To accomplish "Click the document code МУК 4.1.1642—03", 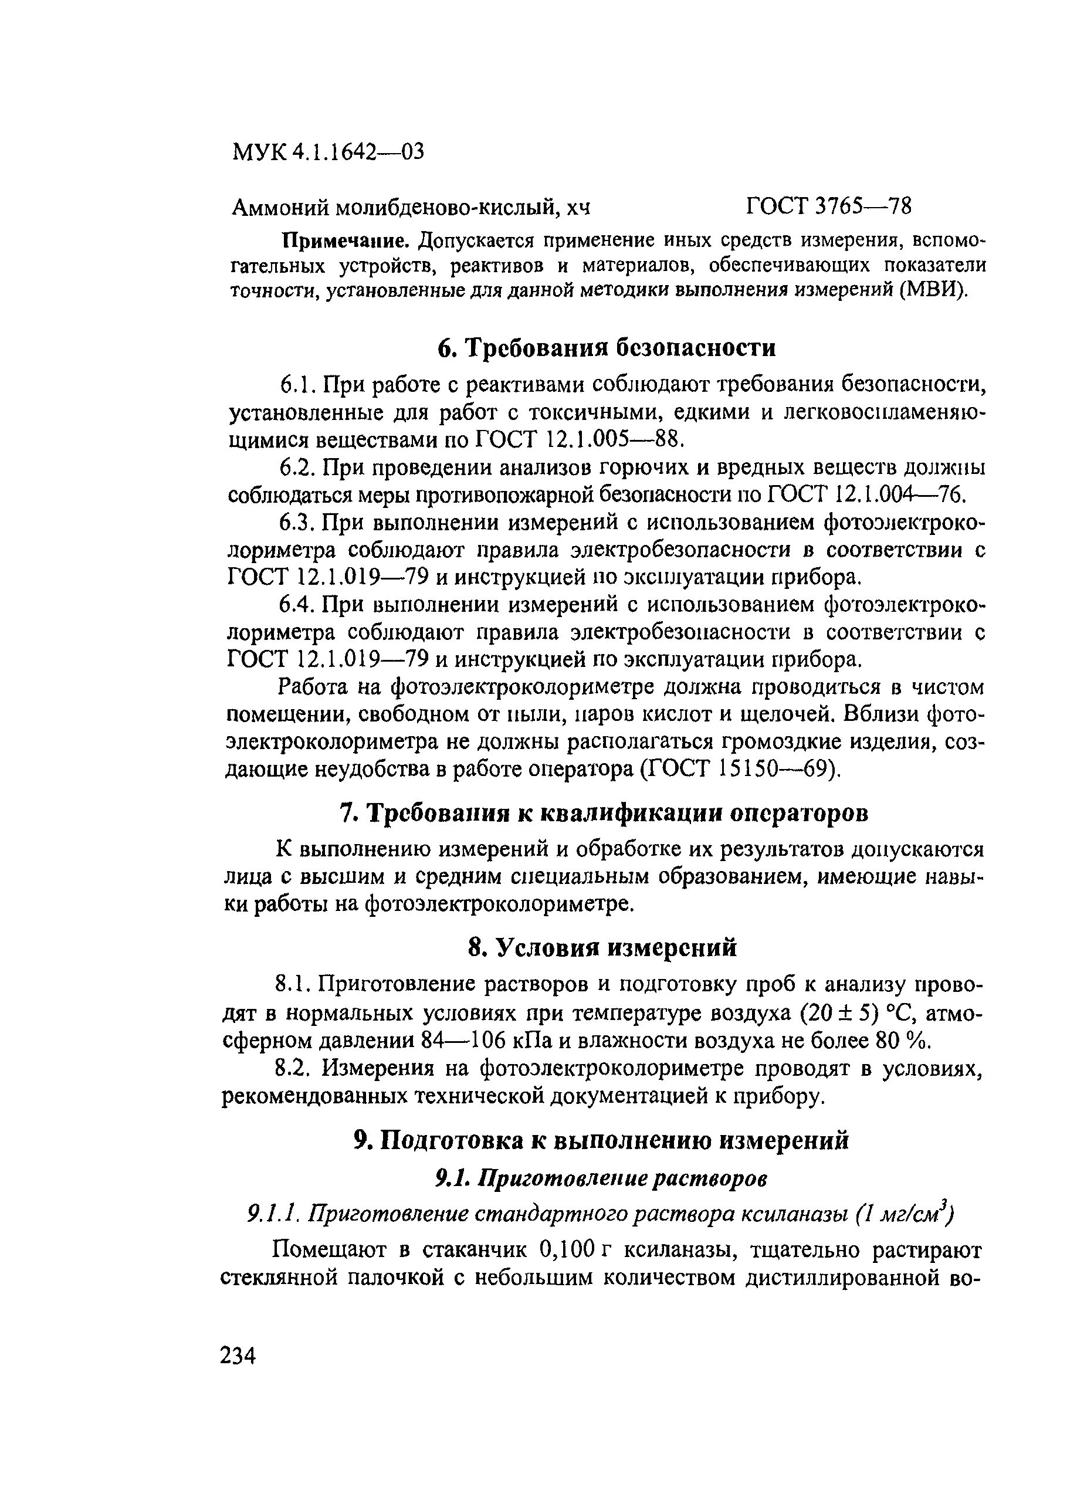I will point(328,152).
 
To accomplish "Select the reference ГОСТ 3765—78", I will point(829,207).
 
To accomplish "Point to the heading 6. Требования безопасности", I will point(606,347).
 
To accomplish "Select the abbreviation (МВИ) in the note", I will point(934,290).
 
